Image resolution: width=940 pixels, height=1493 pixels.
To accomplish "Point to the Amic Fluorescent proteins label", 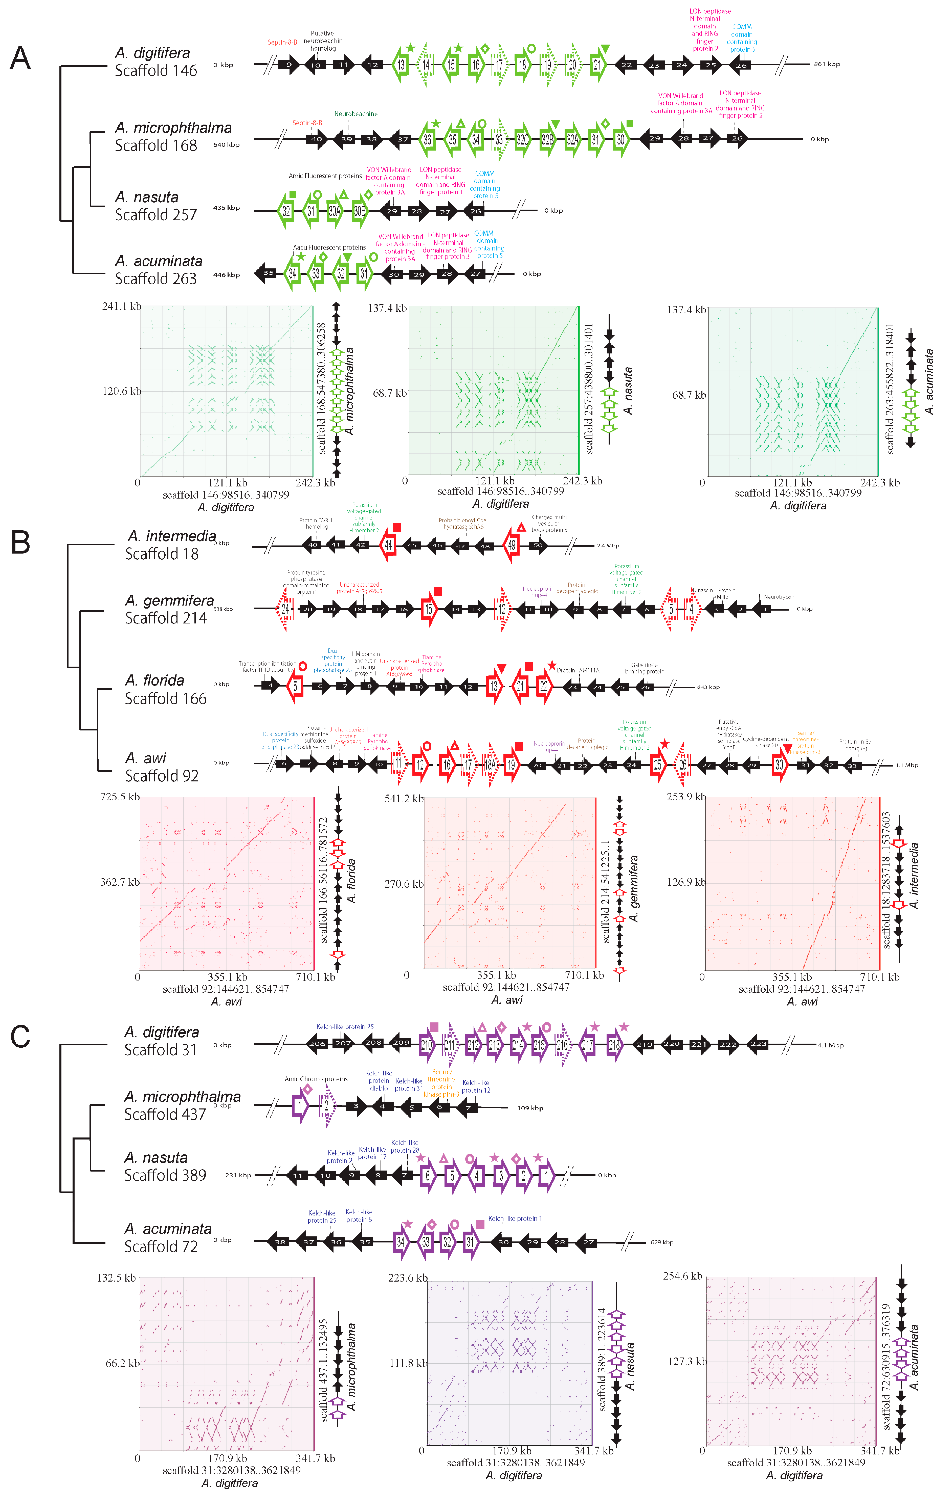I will tap(325, 176).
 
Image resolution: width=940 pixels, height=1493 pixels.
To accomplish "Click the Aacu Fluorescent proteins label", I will tap(329, 247).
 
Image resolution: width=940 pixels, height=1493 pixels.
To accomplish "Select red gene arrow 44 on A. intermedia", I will tap(388, 545).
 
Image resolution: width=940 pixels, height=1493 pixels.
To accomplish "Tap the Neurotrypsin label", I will tap(779, 597).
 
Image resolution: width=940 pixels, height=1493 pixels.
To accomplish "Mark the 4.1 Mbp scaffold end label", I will tap(830, 1045).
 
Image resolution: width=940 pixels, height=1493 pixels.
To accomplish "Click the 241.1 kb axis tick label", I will tap(121, 306).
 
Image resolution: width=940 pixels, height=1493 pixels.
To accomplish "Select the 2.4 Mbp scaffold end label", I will tap(608, 546).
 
